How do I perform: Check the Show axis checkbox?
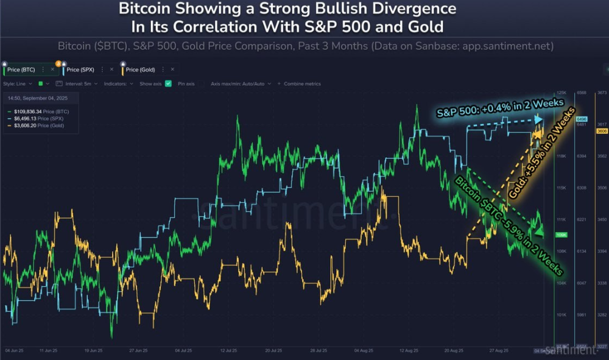pos(168,83)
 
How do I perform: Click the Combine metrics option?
pos(301,83)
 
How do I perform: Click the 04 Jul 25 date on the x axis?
pos(184,351)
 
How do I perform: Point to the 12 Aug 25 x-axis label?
pos(407,351)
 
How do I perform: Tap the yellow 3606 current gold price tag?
pos(602,131)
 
